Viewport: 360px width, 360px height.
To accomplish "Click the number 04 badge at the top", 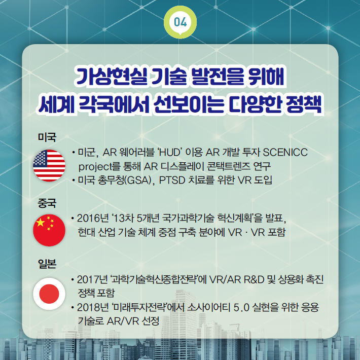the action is [180, 22].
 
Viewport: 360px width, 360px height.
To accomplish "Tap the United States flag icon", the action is [49, 165].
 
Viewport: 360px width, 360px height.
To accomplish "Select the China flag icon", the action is [49, 230].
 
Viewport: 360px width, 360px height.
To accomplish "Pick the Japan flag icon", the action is [49, 294].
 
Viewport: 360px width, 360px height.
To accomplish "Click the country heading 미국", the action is [47, 137].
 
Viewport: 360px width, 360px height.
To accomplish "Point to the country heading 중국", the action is [47, 203].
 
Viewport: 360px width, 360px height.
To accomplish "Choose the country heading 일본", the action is [47, 264].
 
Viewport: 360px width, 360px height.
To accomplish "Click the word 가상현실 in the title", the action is [111, 77].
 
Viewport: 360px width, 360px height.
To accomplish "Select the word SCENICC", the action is [285, 153].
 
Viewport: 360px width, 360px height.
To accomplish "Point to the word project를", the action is [99, 167].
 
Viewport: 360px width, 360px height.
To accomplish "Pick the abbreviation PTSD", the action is [172, 181].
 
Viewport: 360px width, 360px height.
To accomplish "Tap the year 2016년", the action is [93, 219].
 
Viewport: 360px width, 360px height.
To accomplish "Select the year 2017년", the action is [92, 279].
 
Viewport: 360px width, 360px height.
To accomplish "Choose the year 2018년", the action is [93, 307].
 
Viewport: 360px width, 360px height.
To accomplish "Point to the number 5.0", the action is [241, 308].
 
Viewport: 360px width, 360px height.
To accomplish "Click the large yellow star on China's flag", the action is [41, 222].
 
